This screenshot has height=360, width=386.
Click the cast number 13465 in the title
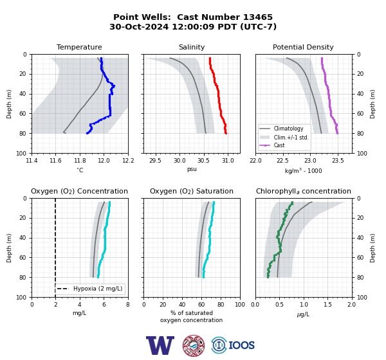pyautogui.click(x=258, y=17)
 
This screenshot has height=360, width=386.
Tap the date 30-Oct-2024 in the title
pyautogui.click(x=139, y=26)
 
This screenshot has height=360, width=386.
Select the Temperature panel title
pyautogui.click(x=79, y=47)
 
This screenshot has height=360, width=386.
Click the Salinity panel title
pyautogui.click(x=192, y=47)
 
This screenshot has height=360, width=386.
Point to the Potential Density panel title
pyautogui.click(x=303, y=47)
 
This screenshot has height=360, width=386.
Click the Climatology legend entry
pyautogui.click(x=288, y=129)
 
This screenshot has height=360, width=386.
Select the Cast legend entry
pyautogui.click(x=279, y=145)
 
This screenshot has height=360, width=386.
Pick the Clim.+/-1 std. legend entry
pyautogui.click(x=291, y=138)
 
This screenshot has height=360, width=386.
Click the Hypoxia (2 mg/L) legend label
pyautogui.click(x=98, y=289)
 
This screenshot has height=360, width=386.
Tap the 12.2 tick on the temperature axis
pyautogui.click(x=128, y=161)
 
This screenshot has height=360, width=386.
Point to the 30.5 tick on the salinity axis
pyautogui.click(x=203, y=161)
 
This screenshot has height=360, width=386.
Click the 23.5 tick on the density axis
pyautogui.click(x=338, y=161)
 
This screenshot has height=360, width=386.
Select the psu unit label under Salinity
pyautogui.click(x=192, y=169)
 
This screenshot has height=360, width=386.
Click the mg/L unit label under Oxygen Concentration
pyautogui.click(x=80, y=313)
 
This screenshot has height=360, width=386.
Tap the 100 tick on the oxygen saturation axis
pyautogui.click(x=240, y=305)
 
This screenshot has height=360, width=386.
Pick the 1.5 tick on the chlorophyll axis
pyautogui.click(x=327, y=305)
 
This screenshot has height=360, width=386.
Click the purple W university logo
pyautogui.click(x=160, y=345)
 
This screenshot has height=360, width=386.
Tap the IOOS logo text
pyautogui.click(x=241, y=345)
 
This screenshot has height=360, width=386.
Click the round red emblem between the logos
pyautogui.click(x=194, y=345)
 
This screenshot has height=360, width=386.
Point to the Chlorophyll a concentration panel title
pyautogui.click(x=303, y=191)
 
